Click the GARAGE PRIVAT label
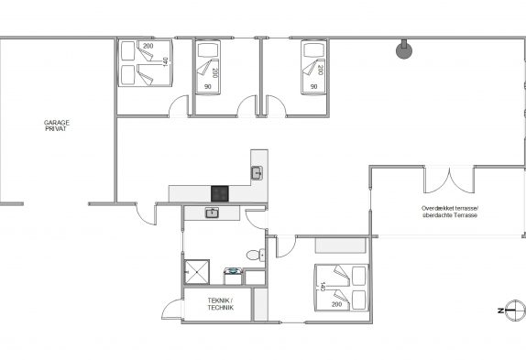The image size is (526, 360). pos(57,125)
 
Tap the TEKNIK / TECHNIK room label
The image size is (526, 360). pos(221,304)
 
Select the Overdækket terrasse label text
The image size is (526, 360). pos(450,208)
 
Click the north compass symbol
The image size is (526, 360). pos(513,311)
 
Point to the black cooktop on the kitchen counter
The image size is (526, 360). pos(220,194)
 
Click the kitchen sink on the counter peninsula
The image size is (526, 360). pos(257,173)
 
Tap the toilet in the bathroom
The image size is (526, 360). pos(256,256)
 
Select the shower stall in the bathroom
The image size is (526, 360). pos(197,272)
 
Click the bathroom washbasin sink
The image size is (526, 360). pos(212,213)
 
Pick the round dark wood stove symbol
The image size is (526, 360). pos(404,50)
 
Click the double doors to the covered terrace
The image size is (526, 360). pos(449,180)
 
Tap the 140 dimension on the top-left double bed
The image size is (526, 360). pos(165,61)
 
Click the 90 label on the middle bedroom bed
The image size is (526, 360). pos(208,87)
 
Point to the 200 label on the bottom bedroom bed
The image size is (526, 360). pos(336,304)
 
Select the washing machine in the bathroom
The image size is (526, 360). pos(233,277)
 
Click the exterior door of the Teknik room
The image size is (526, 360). pos(172,309)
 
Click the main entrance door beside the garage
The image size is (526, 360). pos(147,213)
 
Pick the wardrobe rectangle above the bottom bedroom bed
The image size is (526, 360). pos(340,245)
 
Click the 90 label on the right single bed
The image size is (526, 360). pos(313,86)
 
